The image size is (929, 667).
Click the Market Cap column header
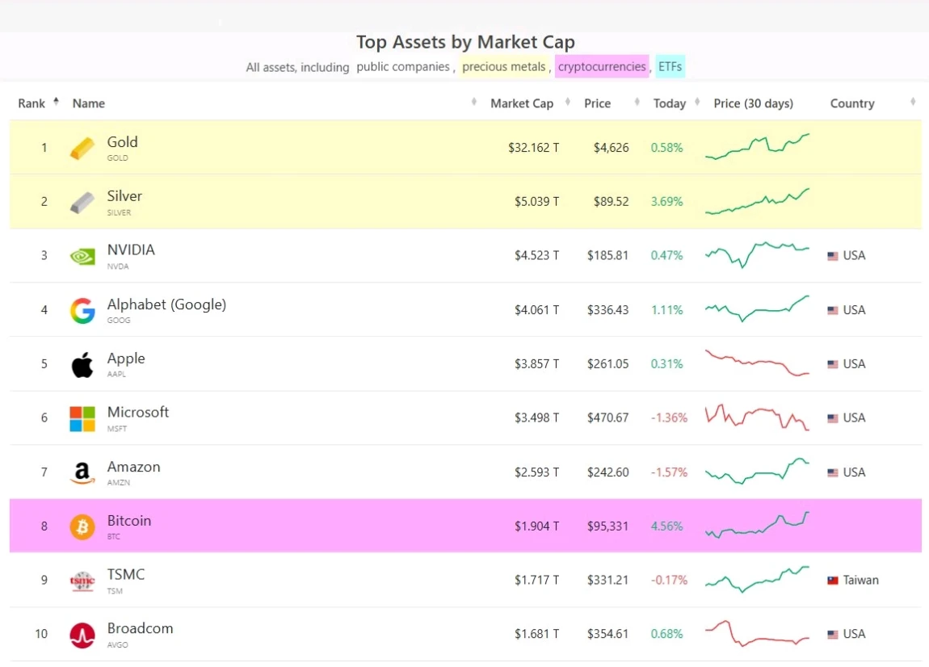pyautogui.click(x=521, y=103)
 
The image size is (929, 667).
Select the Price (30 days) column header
pyautogui.click(x=753, y=103)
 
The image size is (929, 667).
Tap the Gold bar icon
pyautogui.click(x=82, y=149)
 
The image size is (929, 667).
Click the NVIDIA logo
pyautogui.click(x=82, y=256)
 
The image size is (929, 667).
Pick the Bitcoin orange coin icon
pyautogui.click(x=82, y=526)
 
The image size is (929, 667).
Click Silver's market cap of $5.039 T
pyautogui.click(x=536, y=202)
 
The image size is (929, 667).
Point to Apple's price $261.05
pyautogui.click(x=607, y=364)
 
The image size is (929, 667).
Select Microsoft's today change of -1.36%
pyautogui.click(x=669, y=418)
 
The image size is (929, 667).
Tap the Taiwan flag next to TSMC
pyautogui.click(x=832, y=581)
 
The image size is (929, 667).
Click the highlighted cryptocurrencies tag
pyautogui.click(x=602, y=67)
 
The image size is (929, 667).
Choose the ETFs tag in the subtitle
pyautogui.click(x=670, y=67)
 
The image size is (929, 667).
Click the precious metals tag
pyautogui.click(x=503, y=67)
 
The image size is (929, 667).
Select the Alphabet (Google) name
pyautogui.click(x=166, y=304)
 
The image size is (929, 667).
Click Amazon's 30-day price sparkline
pyautogui.click(x=757, y=472)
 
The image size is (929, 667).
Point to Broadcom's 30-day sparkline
pyautogui.click(x=757, y=634)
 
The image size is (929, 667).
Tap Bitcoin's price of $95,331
pyautogui.click(x=607, y=526)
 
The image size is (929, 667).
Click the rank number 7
pyautogui.click(x=44, y=472)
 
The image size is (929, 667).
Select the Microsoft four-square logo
pyautogui.click(x=82, y=418)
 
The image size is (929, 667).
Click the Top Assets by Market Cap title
pyautogui.click(x=465, y=43)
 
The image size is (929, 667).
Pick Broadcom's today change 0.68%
pyautogui.click(x=666, y=634)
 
